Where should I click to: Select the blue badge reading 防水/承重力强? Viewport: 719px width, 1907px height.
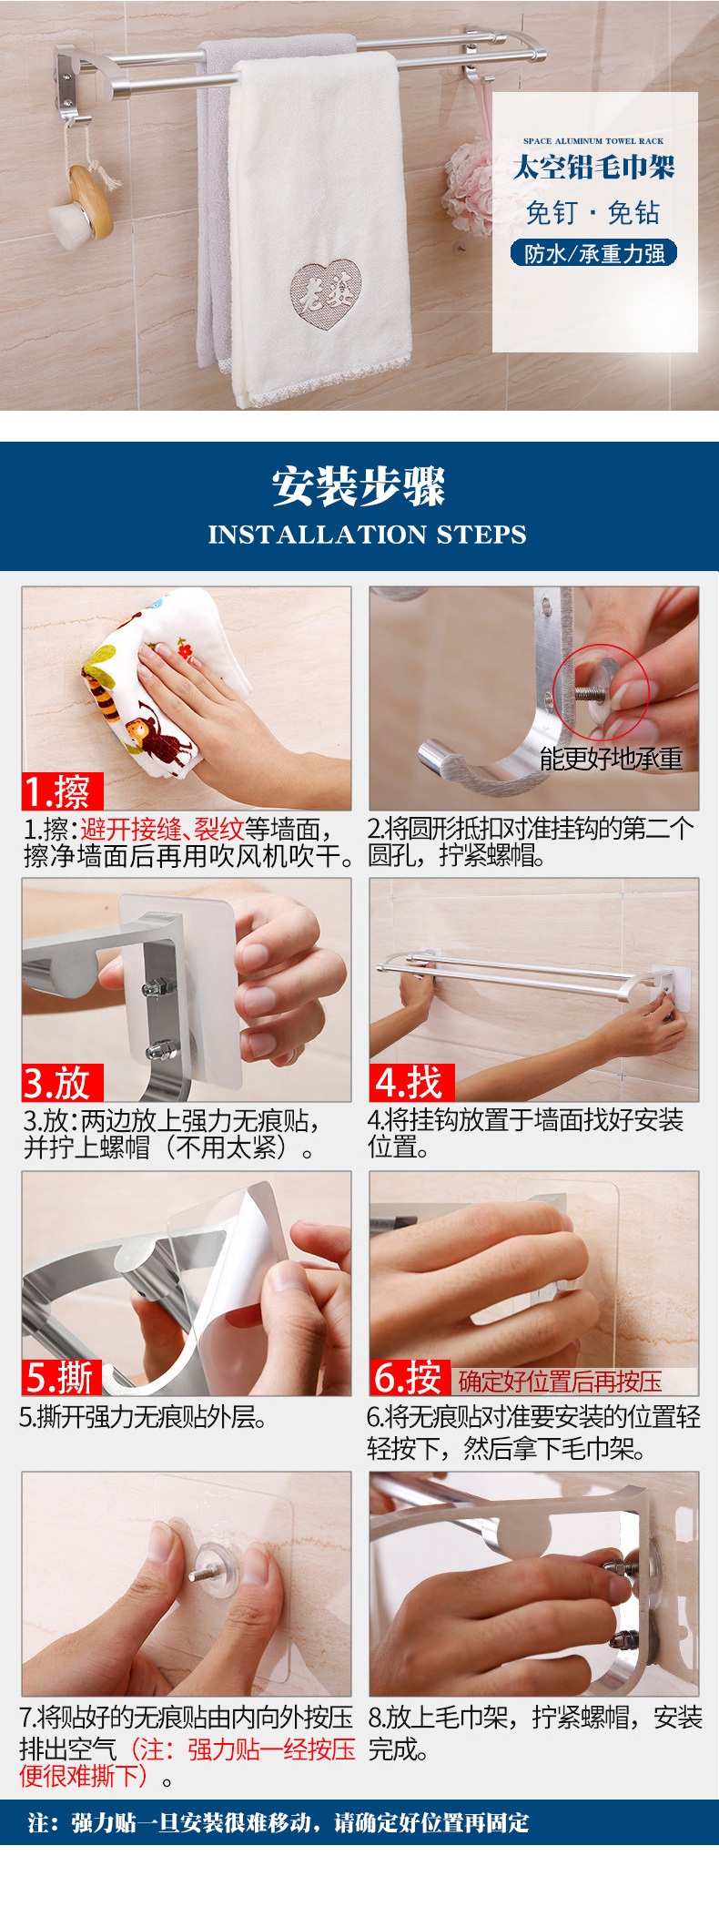coord(594,253)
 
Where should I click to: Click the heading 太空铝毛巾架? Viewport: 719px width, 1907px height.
coord(594,168)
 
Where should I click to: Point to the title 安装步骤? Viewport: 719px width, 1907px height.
coord(359,486)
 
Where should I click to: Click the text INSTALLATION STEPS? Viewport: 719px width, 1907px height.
coord(367,535)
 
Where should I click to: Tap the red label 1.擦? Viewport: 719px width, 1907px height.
coord(62,791)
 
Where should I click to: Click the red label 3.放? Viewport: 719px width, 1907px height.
coord(62,1083)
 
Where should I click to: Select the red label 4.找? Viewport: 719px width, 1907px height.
coord(411,1083)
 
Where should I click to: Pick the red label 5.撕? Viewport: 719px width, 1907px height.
coord(62,1378)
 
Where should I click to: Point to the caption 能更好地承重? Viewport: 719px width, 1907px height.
coord(611,759)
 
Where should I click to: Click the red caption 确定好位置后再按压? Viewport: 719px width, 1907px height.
coord(560,1382)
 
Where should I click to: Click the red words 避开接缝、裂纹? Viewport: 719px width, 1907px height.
coord(162,829)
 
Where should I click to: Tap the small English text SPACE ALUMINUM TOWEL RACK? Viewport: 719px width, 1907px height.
coord(593,141)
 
